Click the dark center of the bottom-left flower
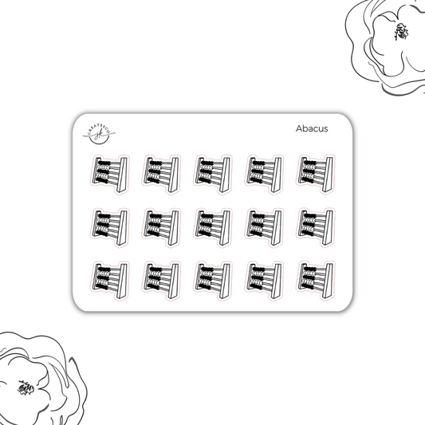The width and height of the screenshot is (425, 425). click(x=27, y=390)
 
